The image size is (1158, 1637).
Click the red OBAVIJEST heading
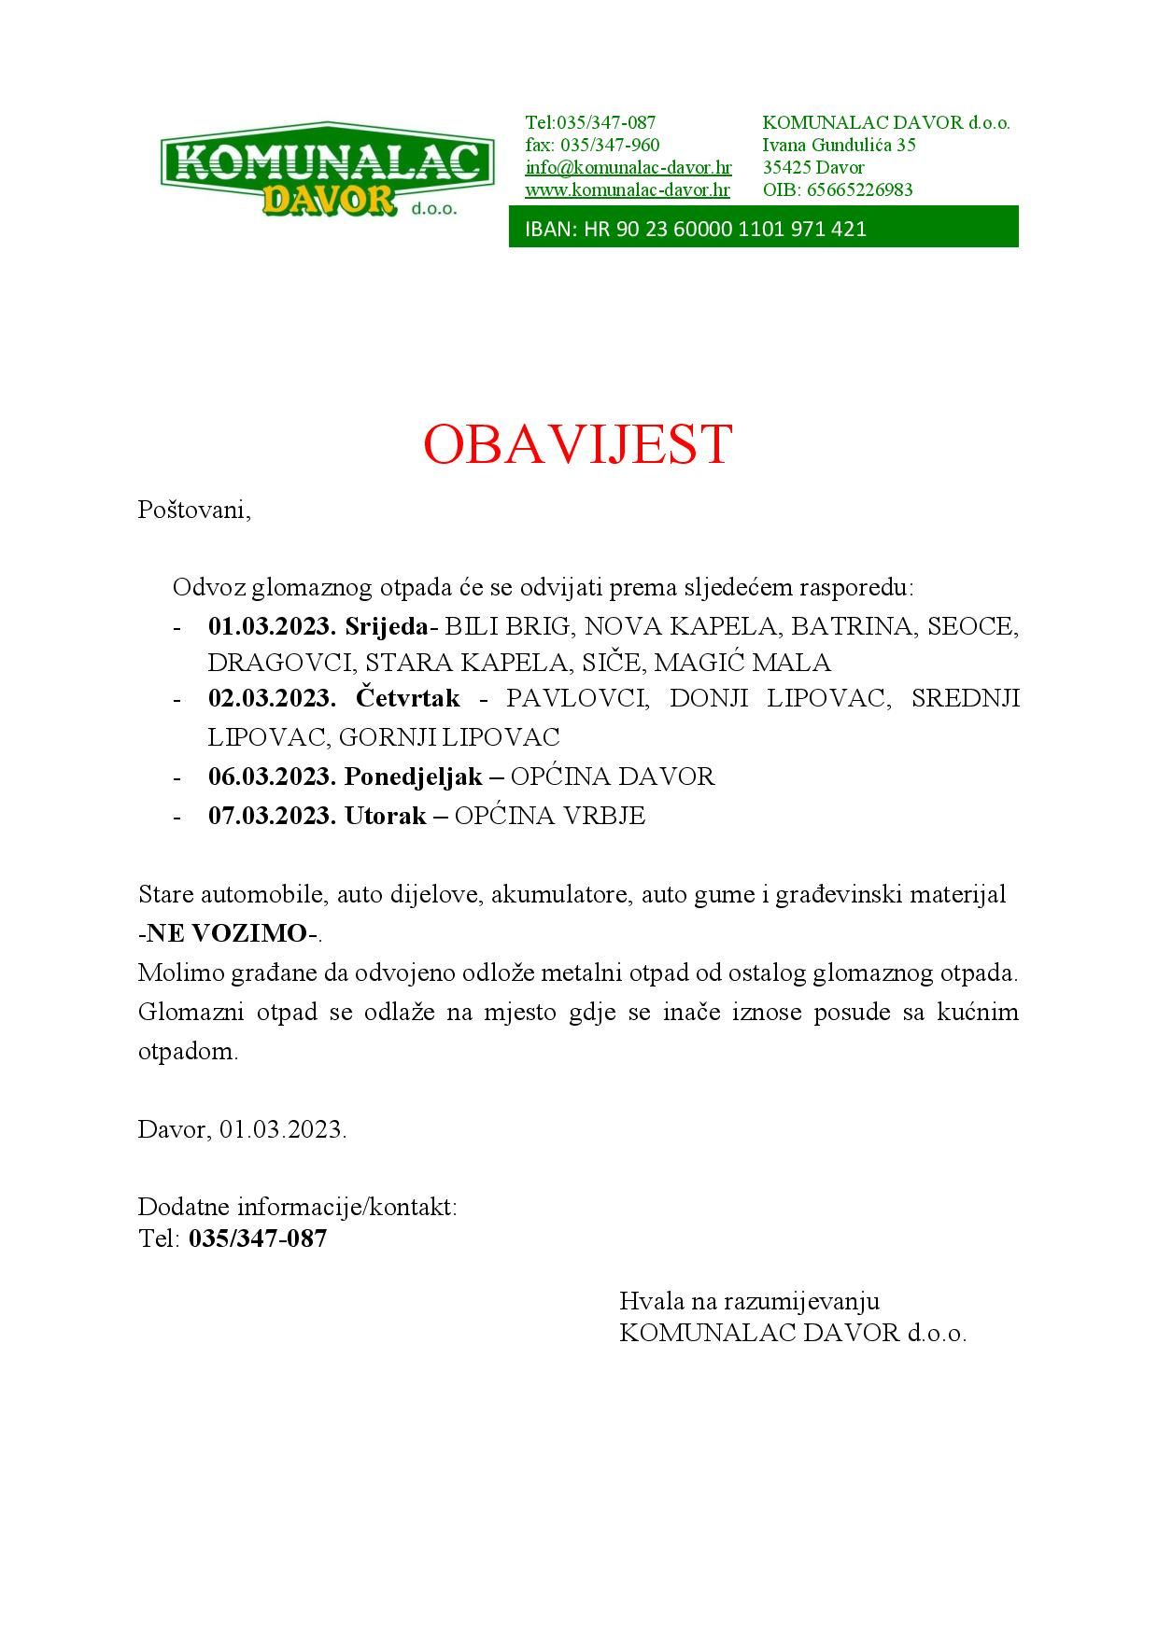coord(577,443)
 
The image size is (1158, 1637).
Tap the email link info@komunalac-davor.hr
coord(628,168)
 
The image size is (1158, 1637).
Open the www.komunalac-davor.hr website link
coord(627,190)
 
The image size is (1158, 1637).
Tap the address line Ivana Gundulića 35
coord(839,146)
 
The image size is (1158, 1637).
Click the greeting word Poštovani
coord(194,511)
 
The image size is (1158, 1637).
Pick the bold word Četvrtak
coord(408,698)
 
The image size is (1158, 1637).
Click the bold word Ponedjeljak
coord(413,777)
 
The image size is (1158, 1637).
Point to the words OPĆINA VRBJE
coord(550,816)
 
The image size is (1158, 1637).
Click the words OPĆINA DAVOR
coord(613,777)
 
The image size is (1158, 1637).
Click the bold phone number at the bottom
coord(258,1238)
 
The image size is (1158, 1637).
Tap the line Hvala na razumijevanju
coord(749,1301)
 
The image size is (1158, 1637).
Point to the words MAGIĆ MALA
coord(742,663)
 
